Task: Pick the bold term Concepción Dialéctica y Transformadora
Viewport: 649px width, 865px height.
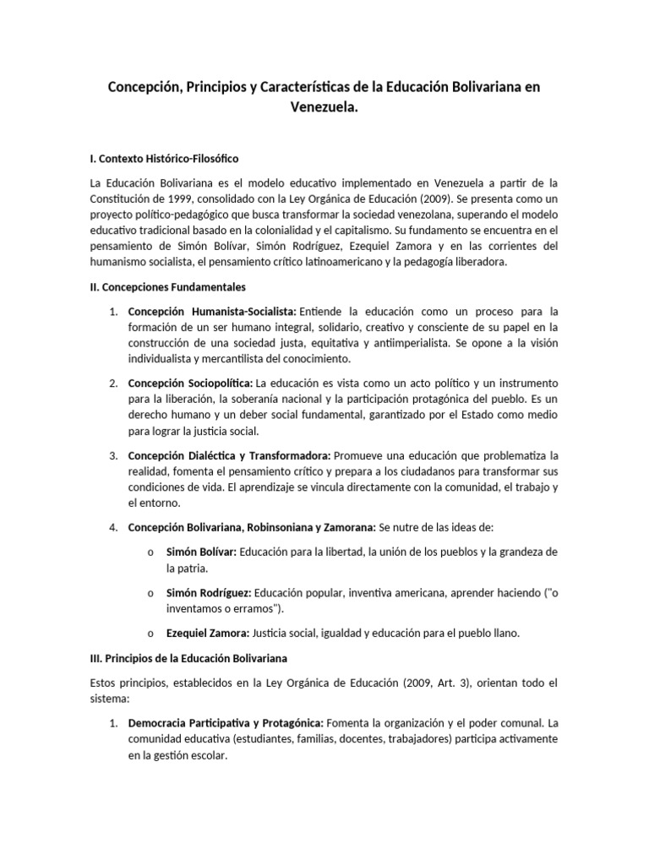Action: pos(229,455)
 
